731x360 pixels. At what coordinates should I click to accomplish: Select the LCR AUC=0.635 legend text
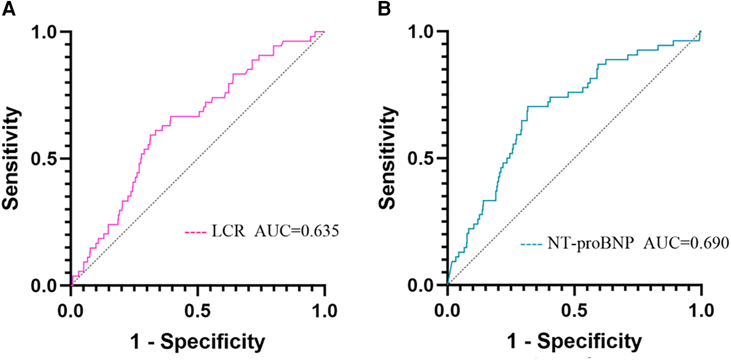coord(274,232)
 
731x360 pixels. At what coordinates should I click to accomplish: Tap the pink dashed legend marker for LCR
coord(195,233)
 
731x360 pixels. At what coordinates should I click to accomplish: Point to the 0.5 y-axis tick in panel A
coord(49,158)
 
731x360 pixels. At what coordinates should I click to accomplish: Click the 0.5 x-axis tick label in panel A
coord(198,310)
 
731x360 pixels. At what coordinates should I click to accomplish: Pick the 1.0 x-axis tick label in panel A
coord(324,310)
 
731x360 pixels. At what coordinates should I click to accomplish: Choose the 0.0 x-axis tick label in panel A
coord(71,310)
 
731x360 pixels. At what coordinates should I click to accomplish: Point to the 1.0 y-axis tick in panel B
coord(425,32)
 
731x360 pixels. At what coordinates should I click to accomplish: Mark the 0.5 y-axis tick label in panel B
coord(425,158)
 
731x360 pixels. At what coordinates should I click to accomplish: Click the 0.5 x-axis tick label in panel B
coord(574,310)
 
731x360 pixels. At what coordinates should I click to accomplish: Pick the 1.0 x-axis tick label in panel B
coord(700,310)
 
